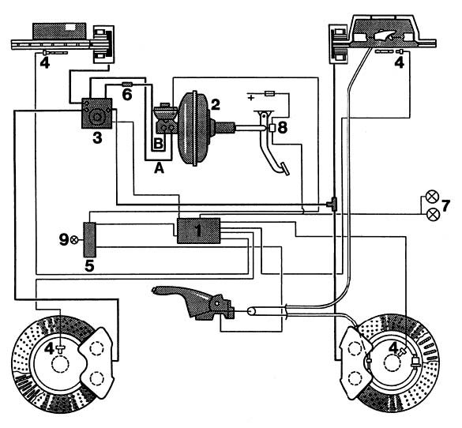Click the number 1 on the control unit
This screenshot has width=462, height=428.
tap(198, 231)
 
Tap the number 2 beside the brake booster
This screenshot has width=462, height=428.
tap(216, 104)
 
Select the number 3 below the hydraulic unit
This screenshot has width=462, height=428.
tap(97, 137)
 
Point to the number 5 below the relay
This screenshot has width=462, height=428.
tap(89, 266)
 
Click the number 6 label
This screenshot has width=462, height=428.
tap(127, 95)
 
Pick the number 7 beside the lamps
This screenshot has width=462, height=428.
tap(445, 205)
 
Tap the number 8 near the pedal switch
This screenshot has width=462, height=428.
tap(282, 128)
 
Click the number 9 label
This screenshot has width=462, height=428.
tap(64, 240)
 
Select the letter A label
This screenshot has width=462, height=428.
tap(159, 168)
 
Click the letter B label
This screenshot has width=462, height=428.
tap(159, 144)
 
